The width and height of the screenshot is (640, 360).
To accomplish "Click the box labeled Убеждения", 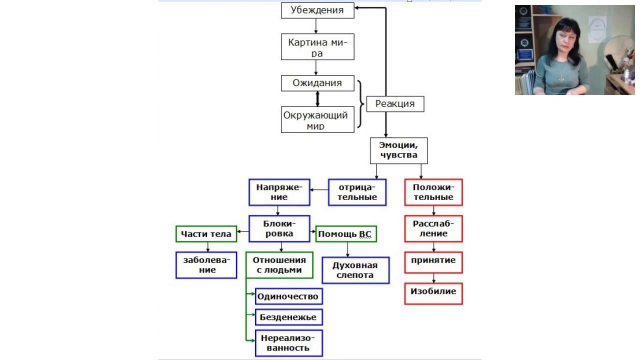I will [317, 10].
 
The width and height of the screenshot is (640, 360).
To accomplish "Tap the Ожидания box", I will [317, 83].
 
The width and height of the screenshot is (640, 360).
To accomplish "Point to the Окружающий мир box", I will [317, 120].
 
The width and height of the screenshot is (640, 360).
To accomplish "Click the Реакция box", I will [395, 104].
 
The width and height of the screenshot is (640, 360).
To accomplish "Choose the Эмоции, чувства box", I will [398, 150].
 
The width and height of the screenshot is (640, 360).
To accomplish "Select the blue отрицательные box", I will [357, 192].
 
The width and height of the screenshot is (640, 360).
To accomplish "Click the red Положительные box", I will [433, 192].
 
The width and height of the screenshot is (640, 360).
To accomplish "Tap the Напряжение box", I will [279, 192].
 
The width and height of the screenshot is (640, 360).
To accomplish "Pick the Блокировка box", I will [279, 228].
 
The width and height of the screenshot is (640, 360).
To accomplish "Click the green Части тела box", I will [206, 234].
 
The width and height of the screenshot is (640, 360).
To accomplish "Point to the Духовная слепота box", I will [355, 270].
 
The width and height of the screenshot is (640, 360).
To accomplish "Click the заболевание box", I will [206, 265].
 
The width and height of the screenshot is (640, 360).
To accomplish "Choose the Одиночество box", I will [288, 296].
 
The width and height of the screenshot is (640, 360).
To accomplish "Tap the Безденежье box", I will [288, 317].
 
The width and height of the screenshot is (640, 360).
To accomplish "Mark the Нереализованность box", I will [288, 342].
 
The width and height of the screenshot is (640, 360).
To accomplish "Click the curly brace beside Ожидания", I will [360, 104].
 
